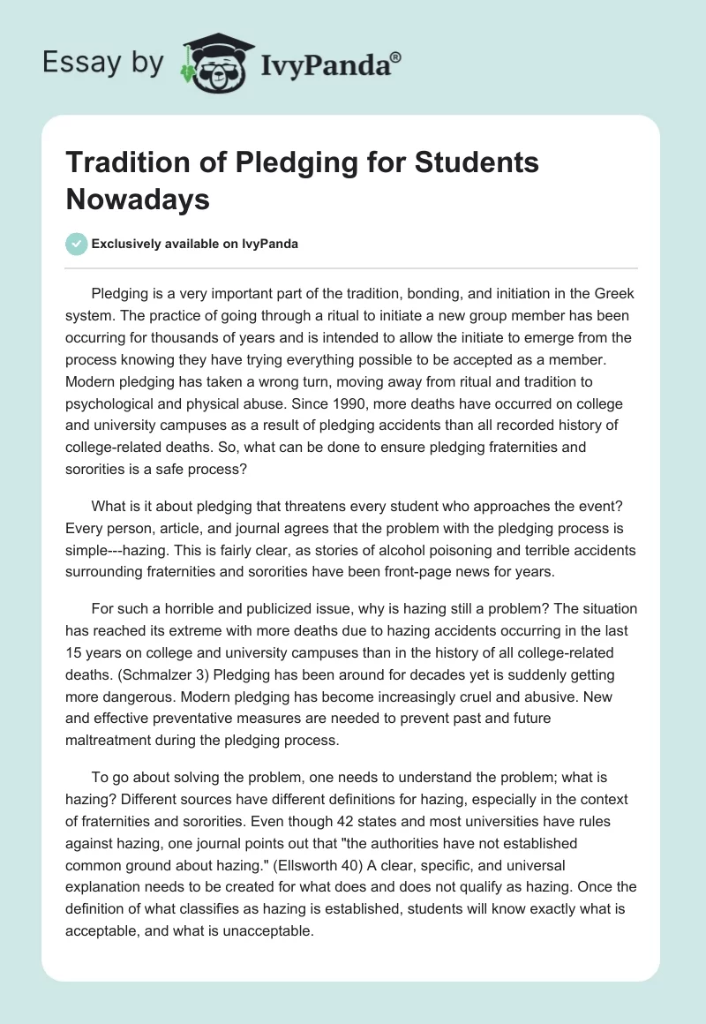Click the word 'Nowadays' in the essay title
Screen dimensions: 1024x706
tap(139, 199)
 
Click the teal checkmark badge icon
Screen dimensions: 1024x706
tap(77, 244)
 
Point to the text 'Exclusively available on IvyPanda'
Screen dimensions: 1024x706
tap(196, 245)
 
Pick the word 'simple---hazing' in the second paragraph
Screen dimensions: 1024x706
tap(114, 550)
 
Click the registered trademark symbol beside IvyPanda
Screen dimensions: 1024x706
tap(395, 56)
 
